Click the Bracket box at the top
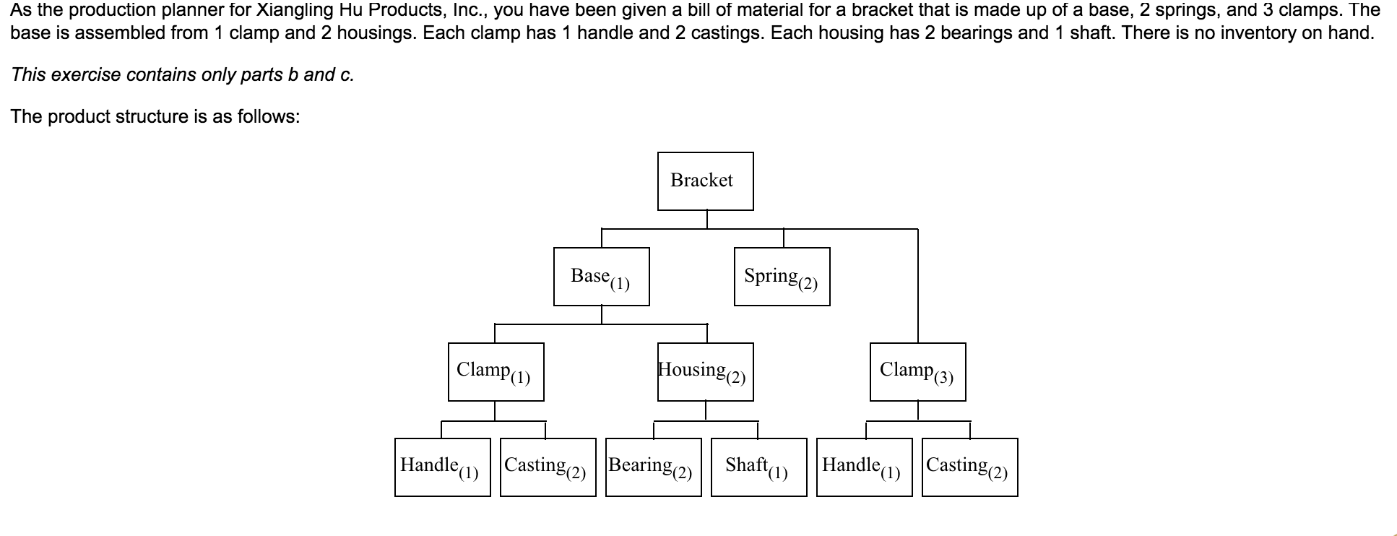(x=705, y=181)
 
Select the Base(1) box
(x=601, y=277)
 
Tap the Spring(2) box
(x=782, y=277)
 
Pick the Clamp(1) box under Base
(x=496, y=372)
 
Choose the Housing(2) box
(x=705, y=372)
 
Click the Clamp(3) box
(x=917, y=372)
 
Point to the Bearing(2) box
(x=653, y=467)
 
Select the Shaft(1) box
(x=758, y=467)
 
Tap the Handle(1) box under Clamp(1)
(x=442, y=467)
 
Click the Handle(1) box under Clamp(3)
(x=864, y=467)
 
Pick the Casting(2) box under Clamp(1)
(x=548, y=467)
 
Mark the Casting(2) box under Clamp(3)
(x=969, y=467)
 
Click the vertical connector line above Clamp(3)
(x=917, y=285)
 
